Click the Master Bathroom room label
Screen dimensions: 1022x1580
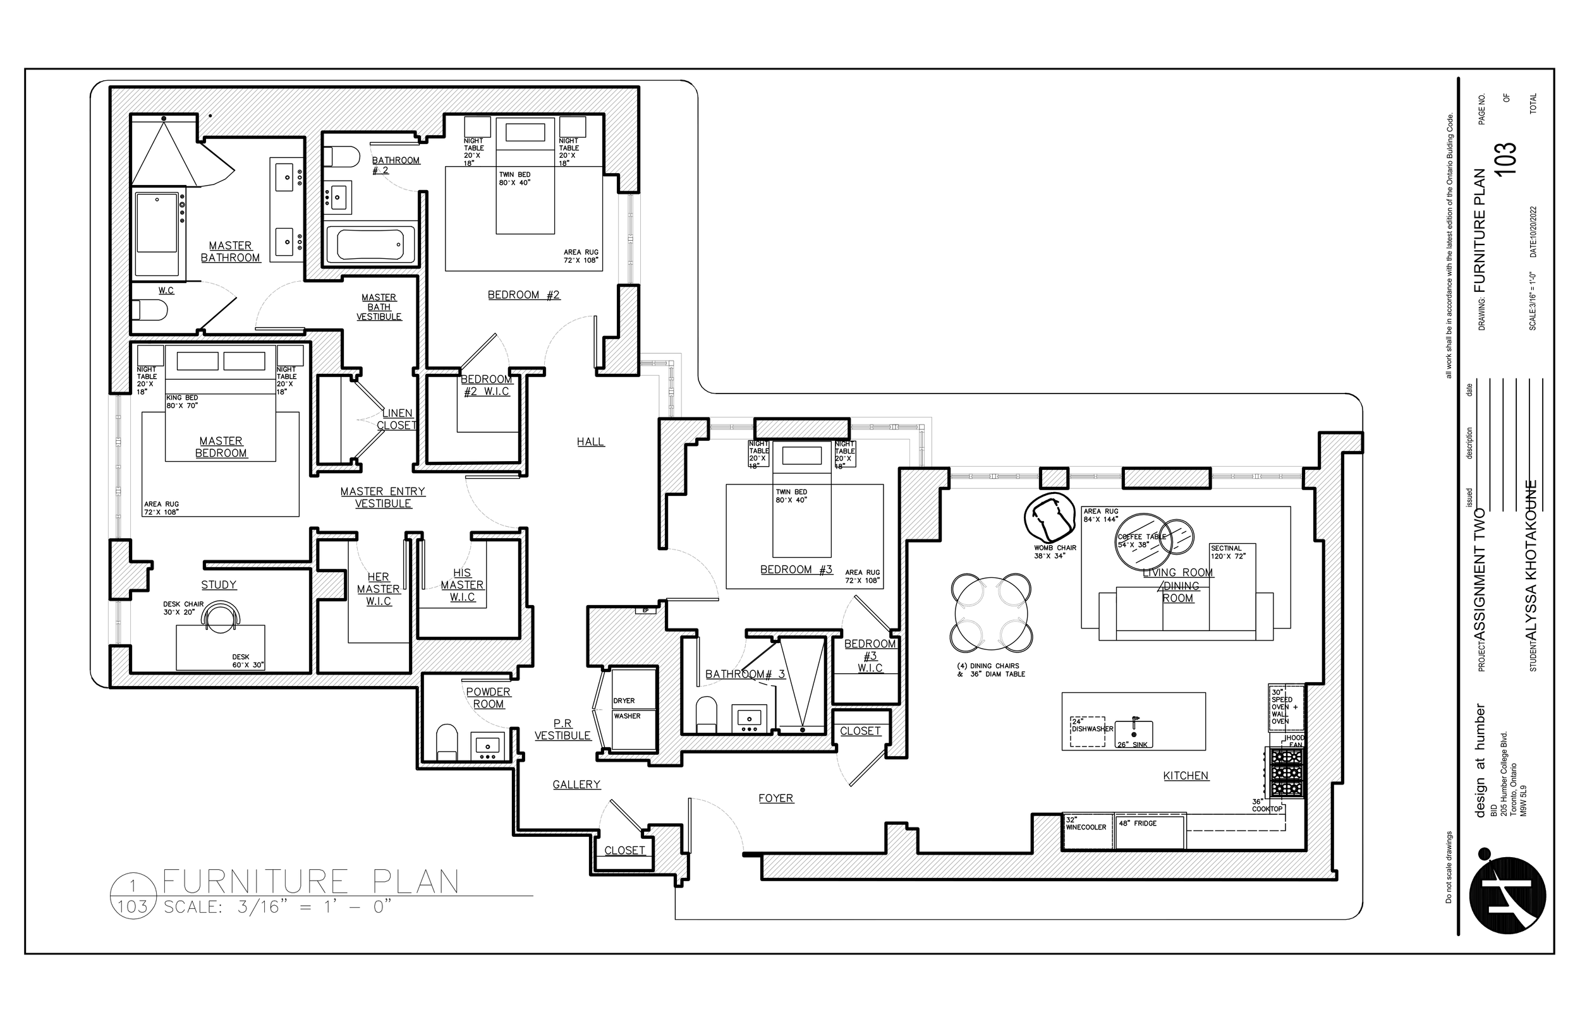click(230, 251)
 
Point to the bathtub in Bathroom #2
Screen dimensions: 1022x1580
click(370, 244)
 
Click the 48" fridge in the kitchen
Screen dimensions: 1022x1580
click(1149, 831)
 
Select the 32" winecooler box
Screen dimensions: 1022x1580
click(1088, 831)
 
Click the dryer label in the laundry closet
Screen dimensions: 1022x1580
click(624, 700)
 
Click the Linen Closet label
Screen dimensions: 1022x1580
click(396, 419)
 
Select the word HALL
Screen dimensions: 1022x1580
click(590, 442)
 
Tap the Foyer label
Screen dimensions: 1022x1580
click(775, 798)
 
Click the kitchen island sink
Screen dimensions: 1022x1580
click(1134, 734)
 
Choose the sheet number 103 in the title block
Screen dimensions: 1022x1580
click(1505, 159)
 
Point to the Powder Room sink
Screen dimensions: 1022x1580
click(487, 746)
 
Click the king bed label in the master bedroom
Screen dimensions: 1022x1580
click(182, 402)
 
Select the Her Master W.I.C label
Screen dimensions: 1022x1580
click(379, 589)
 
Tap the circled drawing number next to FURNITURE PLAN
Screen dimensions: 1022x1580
click(132, 896)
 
